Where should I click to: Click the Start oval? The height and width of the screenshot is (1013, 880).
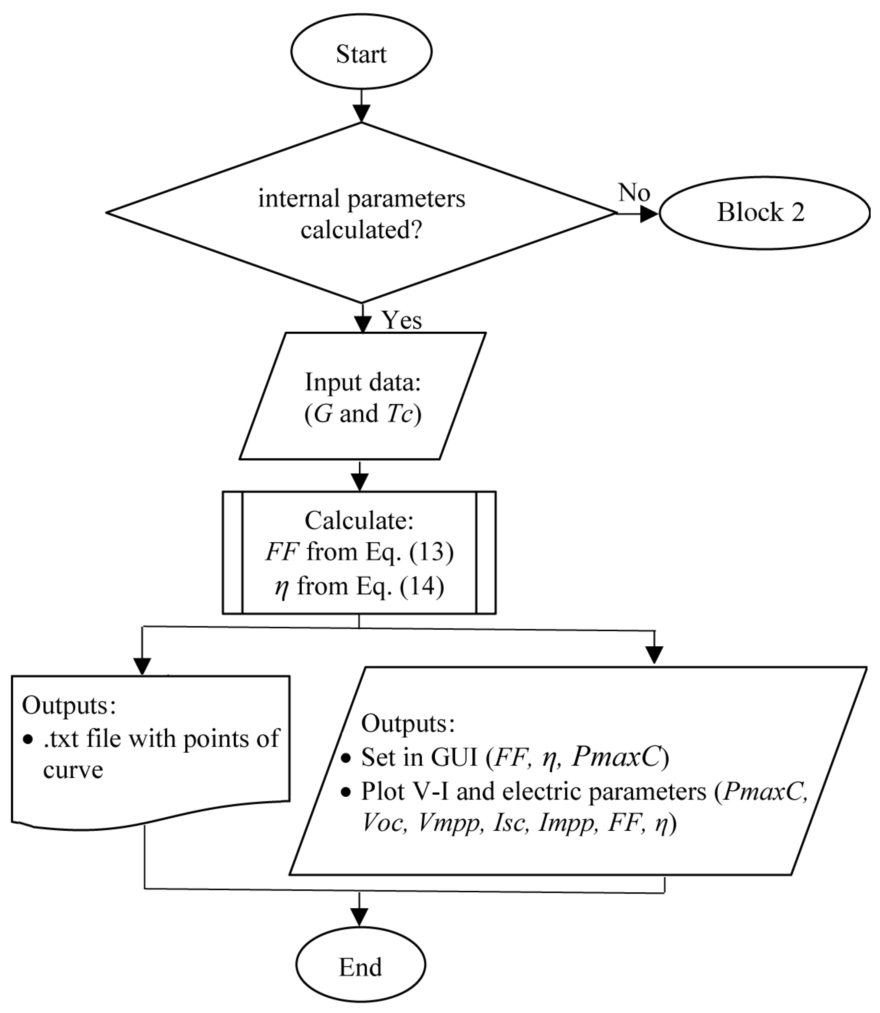point(361,53)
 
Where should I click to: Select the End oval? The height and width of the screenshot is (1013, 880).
point(360,966)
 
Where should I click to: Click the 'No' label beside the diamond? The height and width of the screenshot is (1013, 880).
point(634,193)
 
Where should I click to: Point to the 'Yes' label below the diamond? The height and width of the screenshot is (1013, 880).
point(402,320)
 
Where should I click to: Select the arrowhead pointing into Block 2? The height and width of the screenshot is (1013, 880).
point(649,213)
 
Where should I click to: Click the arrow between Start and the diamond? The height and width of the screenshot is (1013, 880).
point(361,106)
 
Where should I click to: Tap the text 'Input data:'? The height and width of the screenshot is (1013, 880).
point(363,382)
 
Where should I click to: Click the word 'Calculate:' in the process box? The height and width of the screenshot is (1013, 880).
point(359,520)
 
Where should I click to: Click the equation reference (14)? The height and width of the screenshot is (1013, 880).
point(422,586)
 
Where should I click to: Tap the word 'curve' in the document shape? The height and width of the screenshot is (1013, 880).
point(73,770)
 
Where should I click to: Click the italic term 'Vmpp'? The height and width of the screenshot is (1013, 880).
point(449,823)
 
